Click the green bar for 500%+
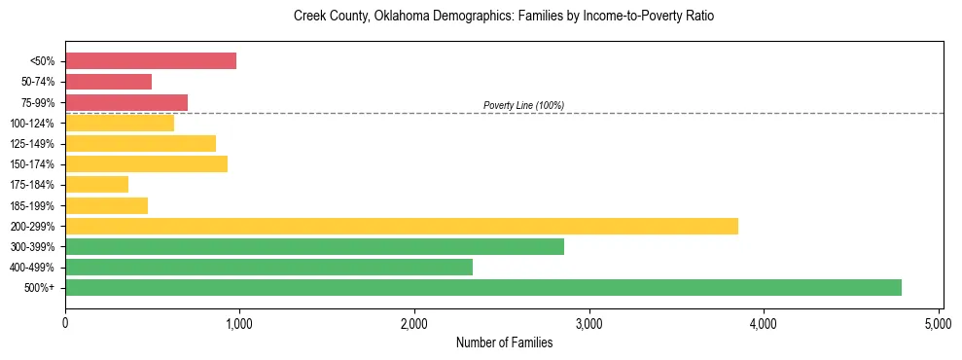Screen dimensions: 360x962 click(x=483, y=287)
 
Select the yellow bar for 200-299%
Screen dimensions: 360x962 click(x=402, y=226)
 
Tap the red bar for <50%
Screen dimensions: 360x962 click(x=151, y=60)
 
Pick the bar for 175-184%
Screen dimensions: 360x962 click(x=97, y=184)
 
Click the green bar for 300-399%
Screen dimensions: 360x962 click(x=314, y=246)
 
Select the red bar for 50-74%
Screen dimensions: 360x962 click(x=108, y=81)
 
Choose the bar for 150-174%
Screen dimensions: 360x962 click(x=146, y=163)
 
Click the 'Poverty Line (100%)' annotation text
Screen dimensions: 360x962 click(x=523, y=105)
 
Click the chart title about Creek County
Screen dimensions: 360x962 click(x=504, y=17)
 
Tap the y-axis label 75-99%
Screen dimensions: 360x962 click(x=38, y=102)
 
